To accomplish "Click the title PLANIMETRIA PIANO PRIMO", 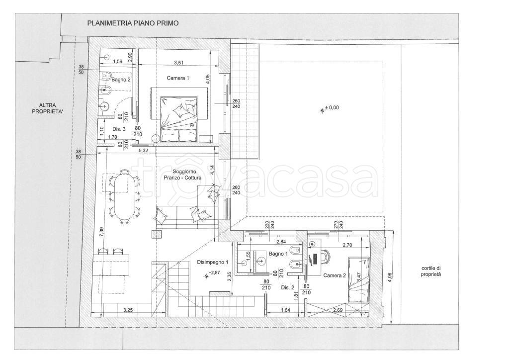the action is [133, 23].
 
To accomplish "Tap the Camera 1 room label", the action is [177, 78].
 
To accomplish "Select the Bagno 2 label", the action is [121, 80].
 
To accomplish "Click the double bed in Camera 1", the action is [179, 119].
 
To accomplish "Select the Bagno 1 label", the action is [278, 254].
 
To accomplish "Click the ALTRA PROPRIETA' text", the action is [48, 108].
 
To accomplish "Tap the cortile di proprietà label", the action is [431, 271].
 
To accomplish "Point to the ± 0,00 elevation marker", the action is [329, 108].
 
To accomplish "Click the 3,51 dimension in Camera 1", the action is [178, 63].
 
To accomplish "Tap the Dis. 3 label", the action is [119, 129].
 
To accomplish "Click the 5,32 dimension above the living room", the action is [143, 150].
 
